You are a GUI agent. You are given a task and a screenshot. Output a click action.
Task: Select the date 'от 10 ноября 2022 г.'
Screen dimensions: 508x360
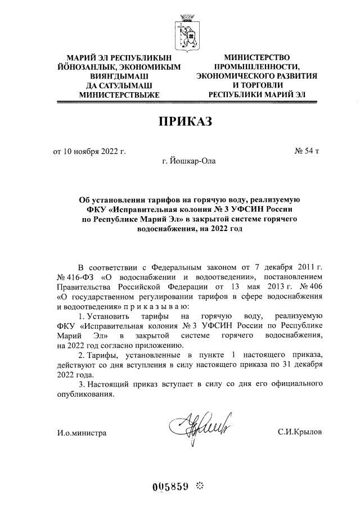(89, 151)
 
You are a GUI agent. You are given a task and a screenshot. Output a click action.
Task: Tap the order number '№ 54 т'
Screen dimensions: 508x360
(308, 151)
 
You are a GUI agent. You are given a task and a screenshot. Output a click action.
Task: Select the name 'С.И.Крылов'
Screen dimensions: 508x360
(300, 432)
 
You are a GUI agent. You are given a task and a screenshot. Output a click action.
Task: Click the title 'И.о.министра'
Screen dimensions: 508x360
(82, 432)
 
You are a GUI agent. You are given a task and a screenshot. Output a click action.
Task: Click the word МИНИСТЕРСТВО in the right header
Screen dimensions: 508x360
(256, 57)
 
